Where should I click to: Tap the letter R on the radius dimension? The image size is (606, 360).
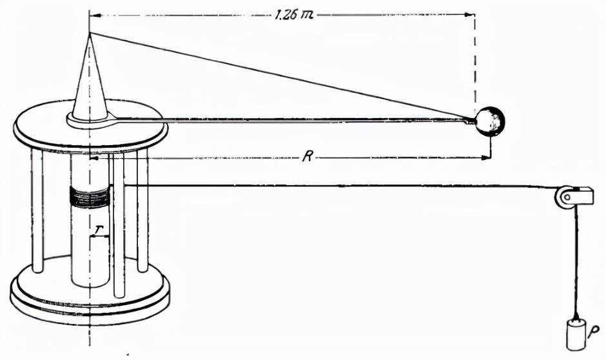[308, 157]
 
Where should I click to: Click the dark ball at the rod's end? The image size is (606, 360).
[490, 121]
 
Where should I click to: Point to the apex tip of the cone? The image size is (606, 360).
[90, 33]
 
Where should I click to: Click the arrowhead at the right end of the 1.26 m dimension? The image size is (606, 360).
[471, 15]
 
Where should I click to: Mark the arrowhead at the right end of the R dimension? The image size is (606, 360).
[485, 157]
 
